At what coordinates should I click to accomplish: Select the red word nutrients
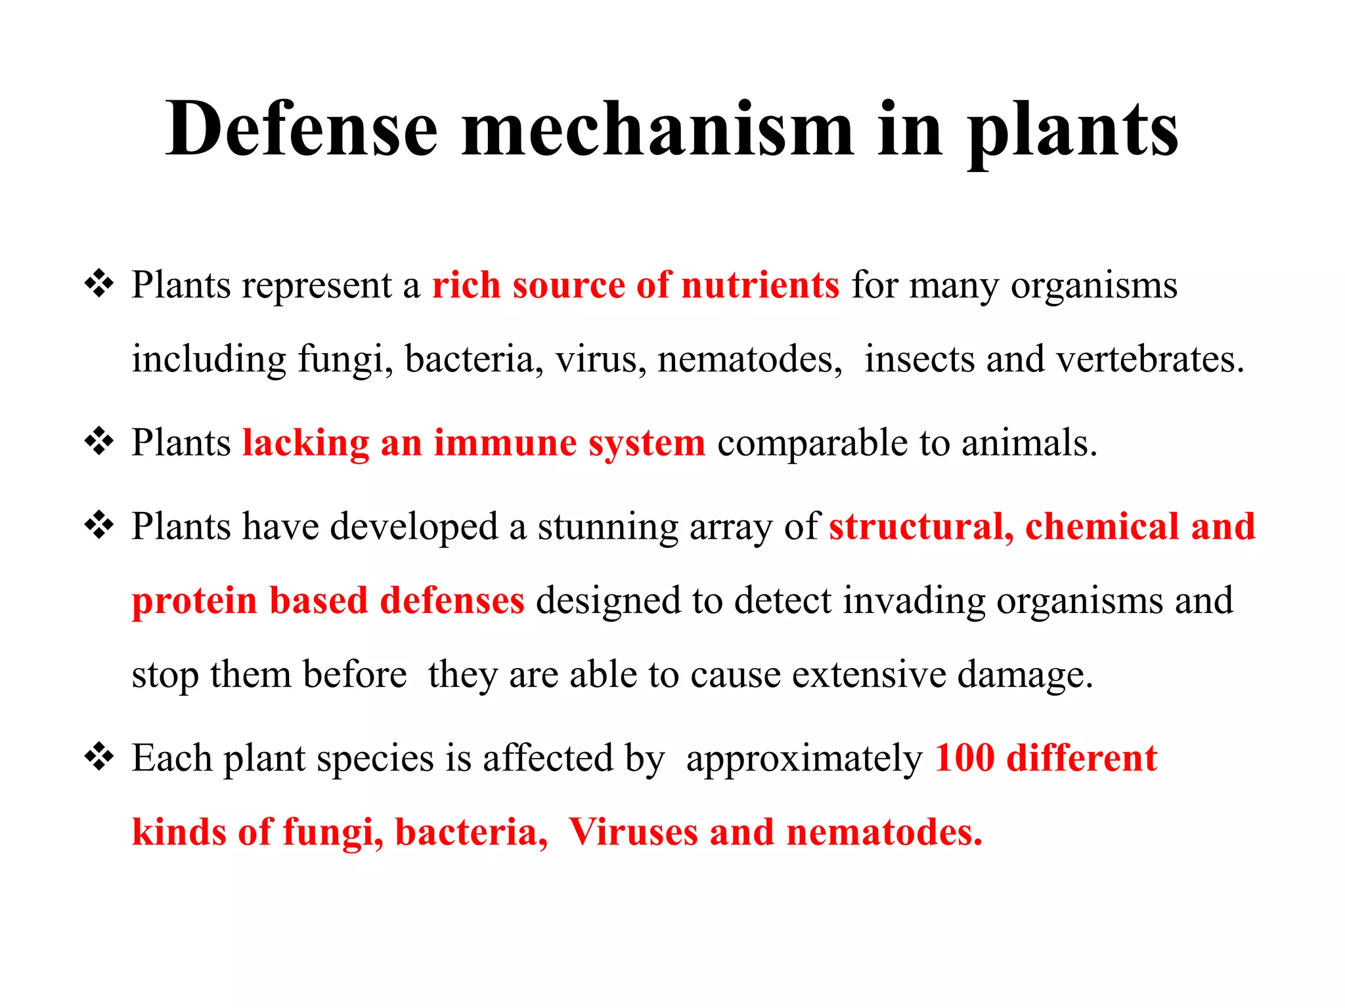[x=760, y=285]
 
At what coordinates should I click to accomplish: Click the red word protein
[x=194, y=601]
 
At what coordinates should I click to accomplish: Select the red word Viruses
[x=633, y=832]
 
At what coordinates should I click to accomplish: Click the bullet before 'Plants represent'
[x=99, y=284]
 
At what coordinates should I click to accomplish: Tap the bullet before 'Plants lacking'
[x=99, y=442]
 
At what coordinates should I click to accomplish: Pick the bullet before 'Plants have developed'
[x=99, y=526]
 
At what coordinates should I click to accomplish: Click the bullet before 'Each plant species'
[x=99, y=757]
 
